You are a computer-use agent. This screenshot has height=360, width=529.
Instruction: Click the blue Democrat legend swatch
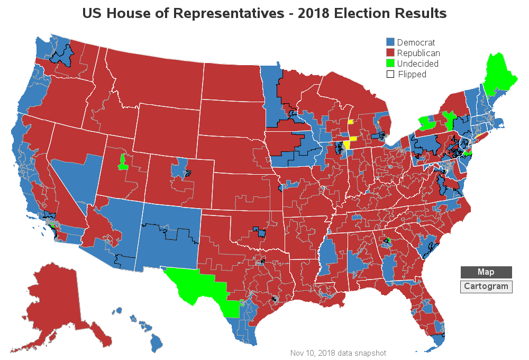(390, 42)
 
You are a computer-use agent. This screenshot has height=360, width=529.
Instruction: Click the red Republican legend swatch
(390, 53)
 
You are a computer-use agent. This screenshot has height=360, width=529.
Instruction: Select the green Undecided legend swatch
(390, 64)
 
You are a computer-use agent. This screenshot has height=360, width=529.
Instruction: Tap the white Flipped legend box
(390, 74)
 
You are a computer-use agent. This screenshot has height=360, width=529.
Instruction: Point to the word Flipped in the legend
(412, 74)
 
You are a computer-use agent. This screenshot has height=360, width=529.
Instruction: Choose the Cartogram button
(486, 287)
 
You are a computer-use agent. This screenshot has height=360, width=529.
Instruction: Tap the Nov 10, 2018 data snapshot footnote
(338, 353)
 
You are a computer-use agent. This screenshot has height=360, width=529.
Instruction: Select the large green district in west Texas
(196, 283)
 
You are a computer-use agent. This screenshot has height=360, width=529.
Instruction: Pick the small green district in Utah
(123, 161)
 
